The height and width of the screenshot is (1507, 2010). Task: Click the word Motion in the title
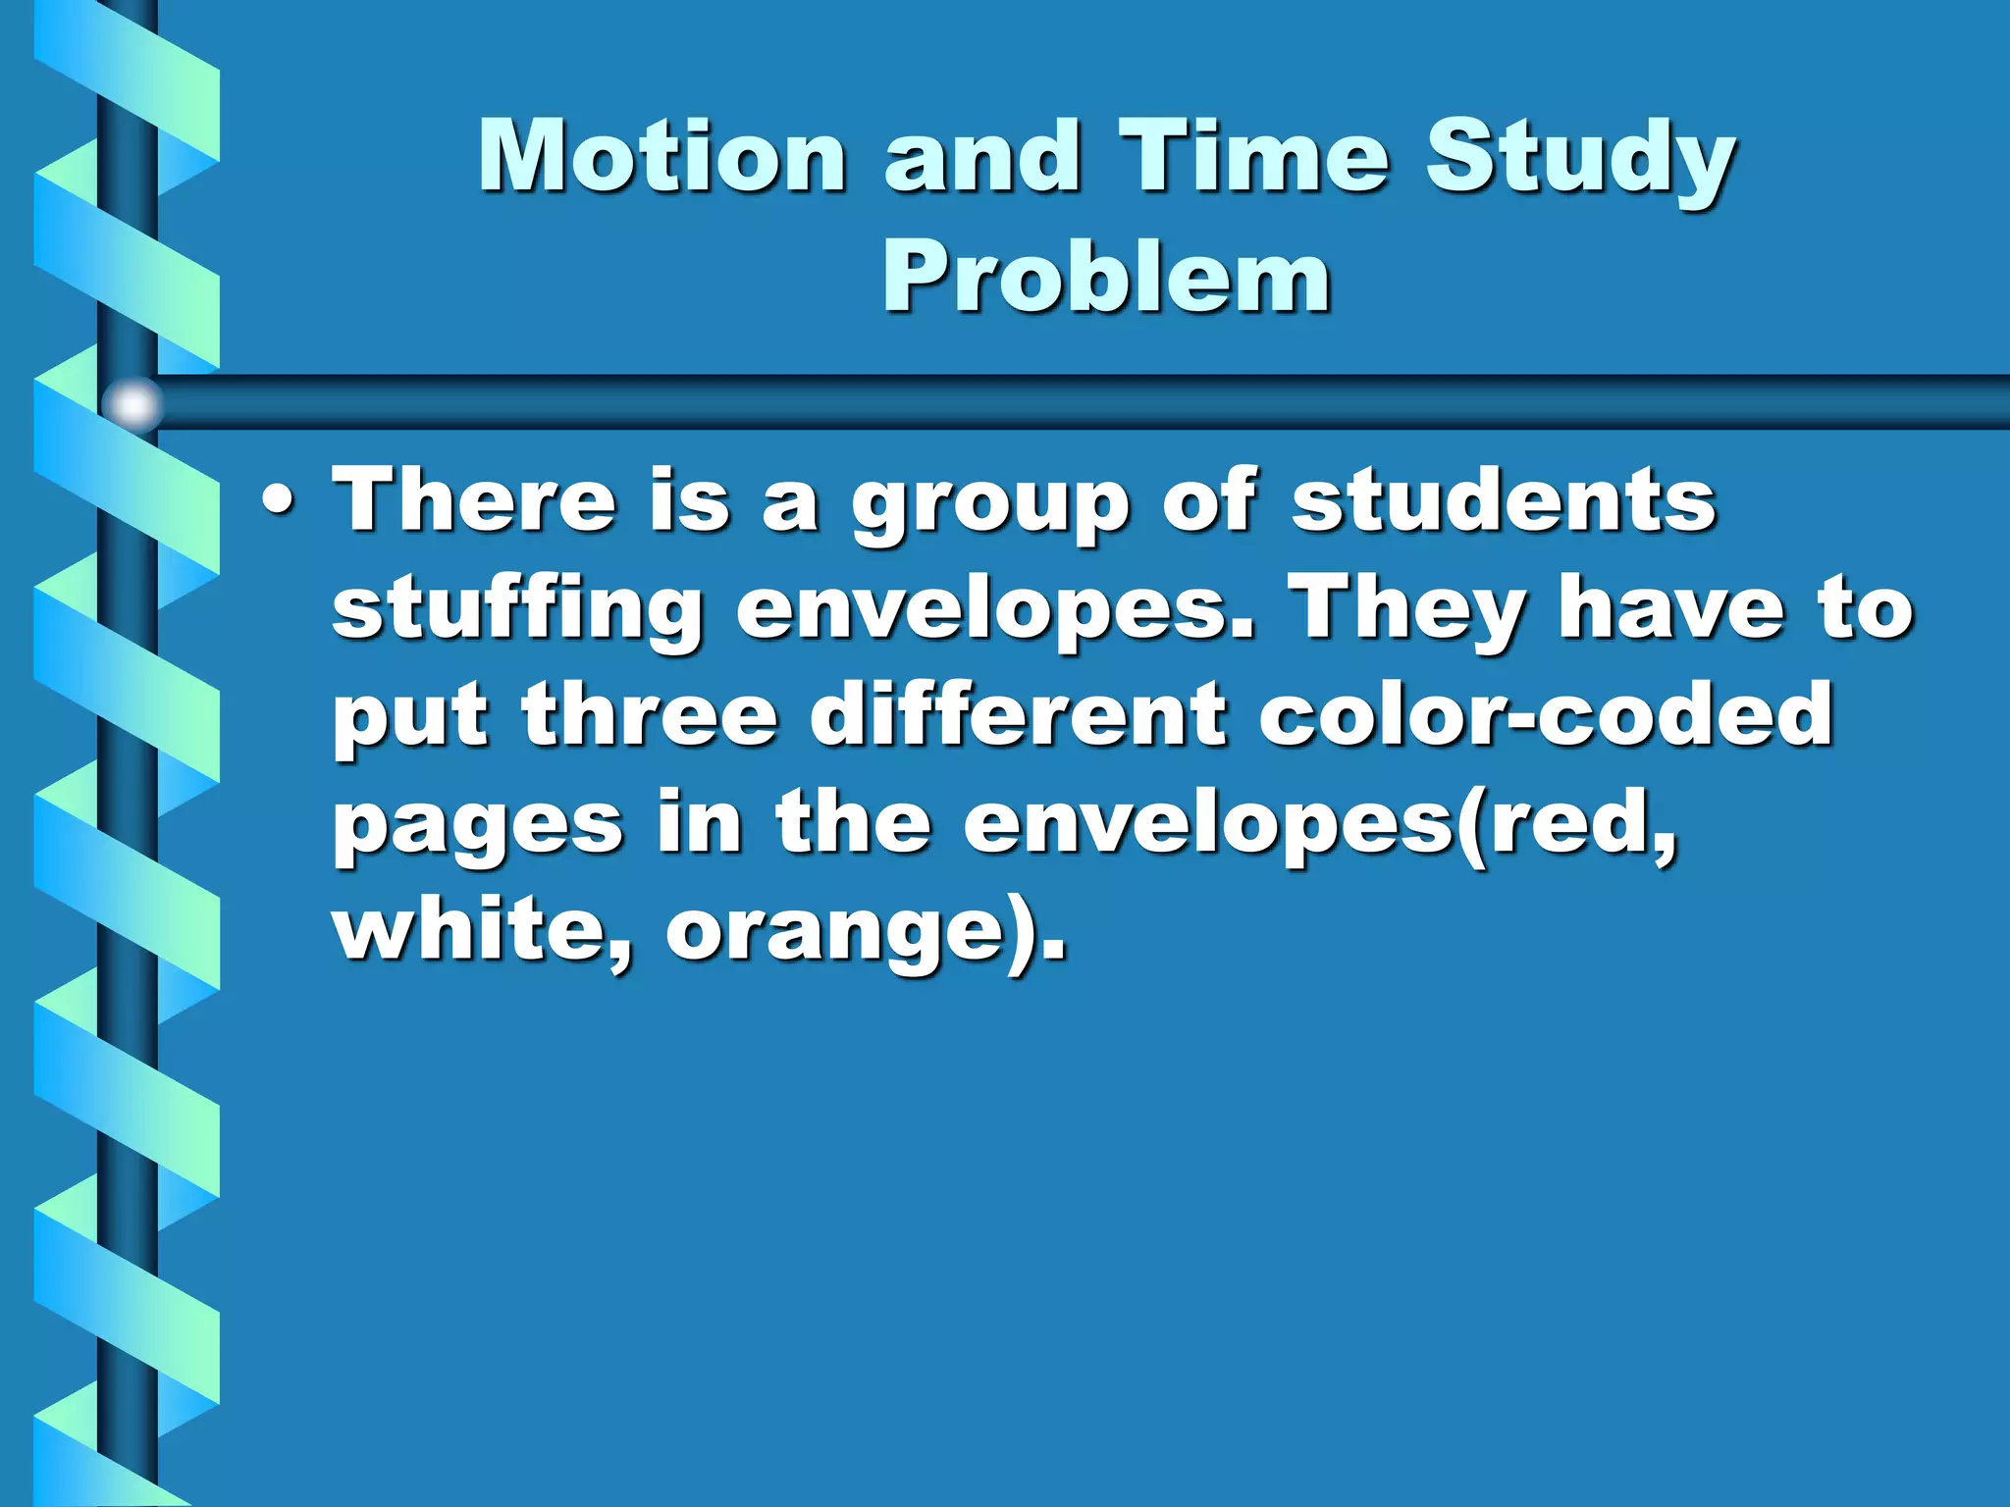click(662, 157)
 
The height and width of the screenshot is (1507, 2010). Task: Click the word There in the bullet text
click(475, 500)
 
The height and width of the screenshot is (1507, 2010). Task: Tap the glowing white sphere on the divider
click(132, 404)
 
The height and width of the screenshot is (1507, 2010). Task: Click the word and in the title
click(983, 157)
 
